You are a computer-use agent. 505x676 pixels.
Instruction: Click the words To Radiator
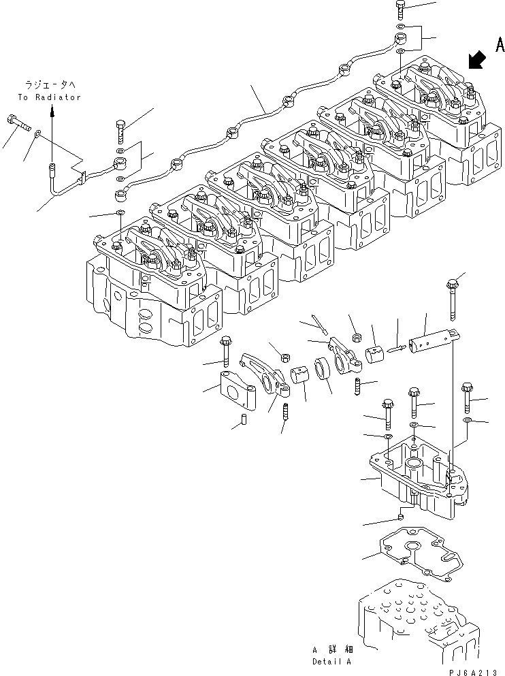click(49, 97)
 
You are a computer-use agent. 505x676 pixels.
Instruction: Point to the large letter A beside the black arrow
click(499, 46)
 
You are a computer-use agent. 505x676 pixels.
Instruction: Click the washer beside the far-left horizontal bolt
click(37, 134)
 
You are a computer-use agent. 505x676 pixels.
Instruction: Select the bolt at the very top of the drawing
click(401, 10)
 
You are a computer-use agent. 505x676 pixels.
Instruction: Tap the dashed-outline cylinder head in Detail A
click(408, 616)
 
